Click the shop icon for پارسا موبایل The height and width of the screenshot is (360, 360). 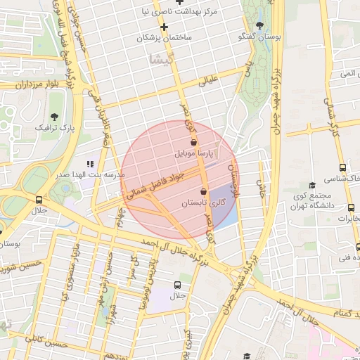(193, 142)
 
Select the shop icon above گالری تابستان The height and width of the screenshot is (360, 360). (204, 191)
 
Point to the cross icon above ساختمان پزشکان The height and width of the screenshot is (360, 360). (164, 27)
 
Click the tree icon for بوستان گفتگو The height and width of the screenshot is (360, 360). (259, 25)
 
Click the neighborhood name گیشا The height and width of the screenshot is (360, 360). (162, 60)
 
